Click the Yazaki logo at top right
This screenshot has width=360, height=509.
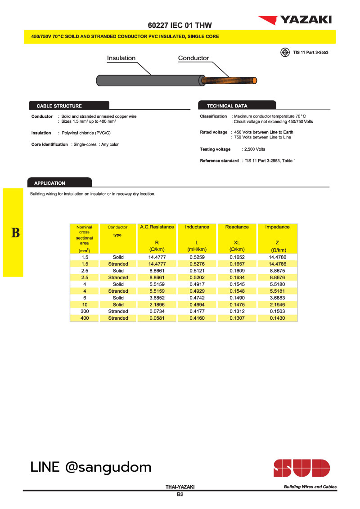(x=294, y=19)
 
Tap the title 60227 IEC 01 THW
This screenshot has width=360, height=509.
(x=180, y=25)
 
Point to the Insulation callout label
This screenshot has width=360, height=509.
(x=121, y=58)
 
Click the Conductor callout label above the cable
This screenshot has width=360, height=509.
(x=193, y=58)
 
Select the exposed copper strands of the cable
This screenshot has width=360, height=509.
(x=229, y=80)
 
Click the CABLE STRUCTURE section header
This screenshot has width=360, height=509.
(x=59, y=106)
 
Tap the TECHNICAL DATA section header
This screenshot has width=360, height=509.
(x=227, y=106)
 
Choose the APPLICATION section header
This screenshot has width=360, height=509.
(x=50, y=183)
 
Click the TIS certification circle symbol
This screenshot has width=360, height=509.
(x=285, y=52)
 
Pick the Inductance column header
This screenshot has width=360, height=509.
(x=197, y=227)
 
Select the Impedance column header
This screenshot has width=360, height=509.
(x=277, y=227)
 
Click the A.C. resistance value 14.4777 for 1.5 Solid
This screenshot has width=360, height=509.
(x=157, y=257)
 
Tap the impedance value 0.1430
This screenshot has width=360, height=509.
(x=277, y=318)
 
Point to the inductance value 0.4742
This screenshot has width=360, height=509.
(x=197, y=298)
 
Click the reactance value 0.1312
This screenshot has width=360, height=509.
(x=237, y=311)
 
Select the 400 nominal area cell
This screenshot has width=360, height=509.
(x=85, y=318)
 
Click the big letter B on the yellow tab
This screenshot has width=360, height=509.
(x=16, y=233)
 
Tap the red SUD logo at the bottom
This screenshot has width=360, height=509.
(x=301, y=468)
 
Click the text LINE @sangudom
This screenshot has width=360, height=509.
(x=91, y=467)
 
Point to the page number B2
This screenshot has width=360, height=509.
(x=180, y=495)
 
